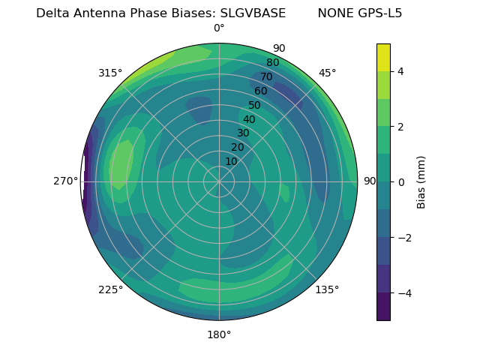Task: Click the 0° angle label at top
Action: click(219, 28)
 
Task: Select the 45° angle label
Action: click(327, 73)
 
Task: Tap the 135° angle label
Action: click(327, 289)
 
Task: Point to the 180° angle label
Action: click(219, 334)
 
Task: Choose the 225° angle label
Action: click(110, 289)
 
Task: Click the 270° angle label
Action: click(66, 181)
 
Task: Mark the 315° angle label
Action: click(110, 73)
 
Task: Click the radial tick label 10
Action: click(231, 161)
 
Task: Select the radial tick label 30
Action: click(243, 133)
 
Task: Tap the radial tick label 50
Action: click(255, 106)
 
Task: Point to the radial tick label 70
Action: click(266, 77)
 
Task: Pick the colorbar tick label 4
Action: click(401, 71)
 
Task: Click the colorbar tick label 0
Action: click(401, 181)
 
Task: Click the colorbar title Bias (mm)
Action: click(421, 181)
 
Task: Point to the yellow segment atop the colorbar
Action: click(383, 57)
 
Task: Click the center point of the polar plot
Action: click(219, 181)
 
